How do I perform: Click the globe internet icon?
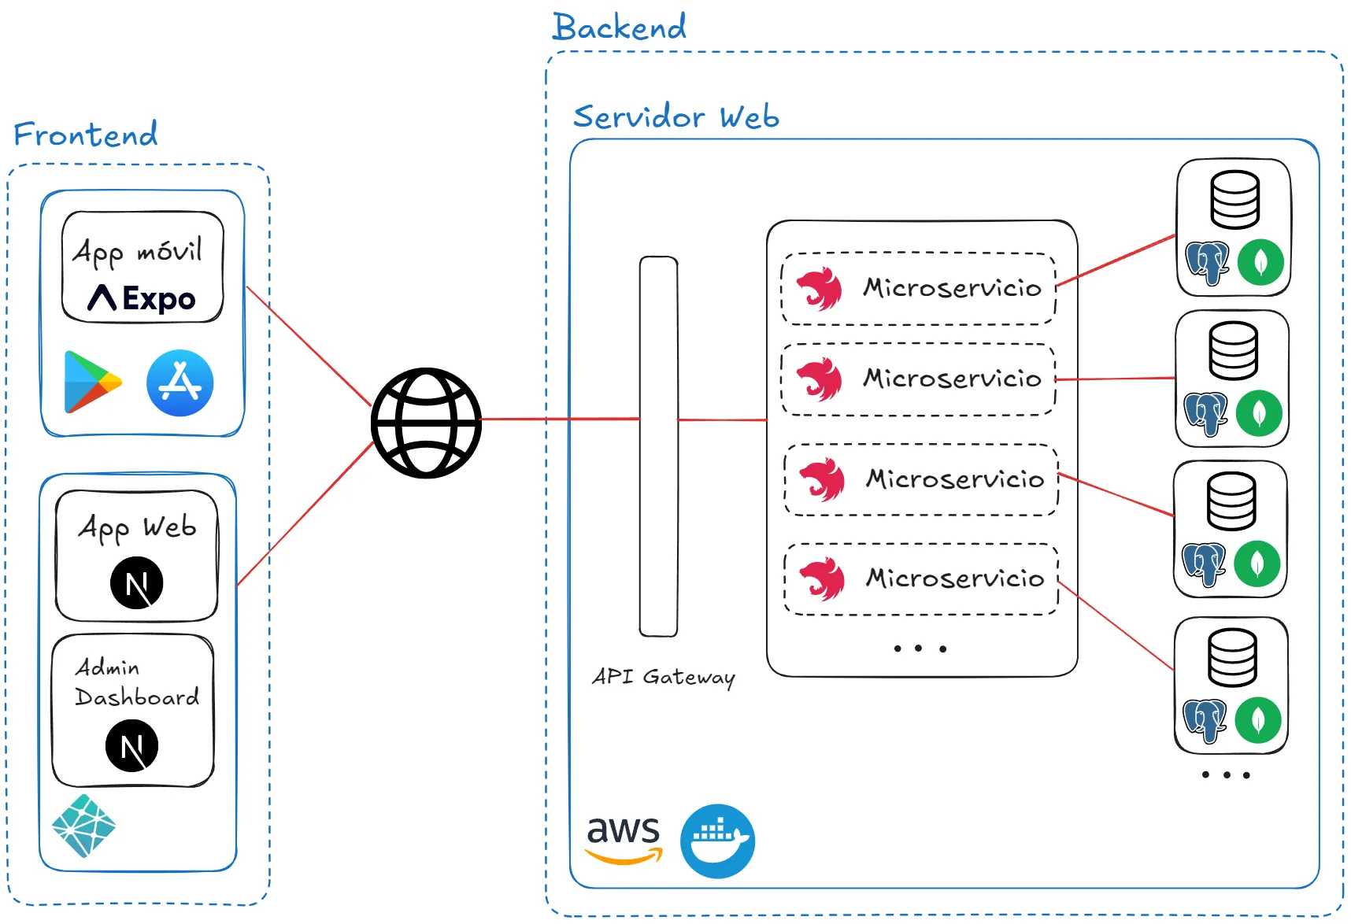click(426, 423)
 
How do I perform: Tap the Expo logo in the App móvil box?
click(142, 298)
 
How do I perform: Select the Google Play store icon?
click(92, 383)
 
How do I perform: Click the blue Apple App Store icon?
click(180, 383)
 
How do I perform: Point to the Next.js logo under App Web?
click(137, 582)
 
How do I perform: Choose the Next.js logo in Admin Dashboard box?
click(132, 745)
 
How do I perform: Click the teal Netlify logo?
click(84, 826)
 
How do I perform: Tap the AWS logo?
click(624, 839)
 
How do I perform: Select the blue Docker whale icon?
click(717, 841)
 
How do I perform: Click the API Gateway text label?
click(664, 677)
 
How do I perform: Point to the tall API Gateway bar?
click(658, 446)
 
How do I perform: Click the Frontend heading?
click(86, 135)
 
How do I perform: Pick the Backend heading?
click(620, 28)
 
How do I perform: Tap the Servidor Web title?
click(676, 117)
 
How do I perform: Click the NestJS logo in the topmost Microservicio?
click(819, 289)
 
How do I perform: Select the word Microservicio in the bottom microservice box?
click(955, 578)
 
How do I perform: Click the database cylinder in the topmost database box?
click(1234, 200)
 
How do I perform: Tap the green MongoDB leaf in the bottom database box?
click(1257, 720)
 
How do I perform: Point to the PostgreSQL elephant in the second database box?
click(1205, 413)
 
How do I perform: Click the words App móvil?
click(138, 252)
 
